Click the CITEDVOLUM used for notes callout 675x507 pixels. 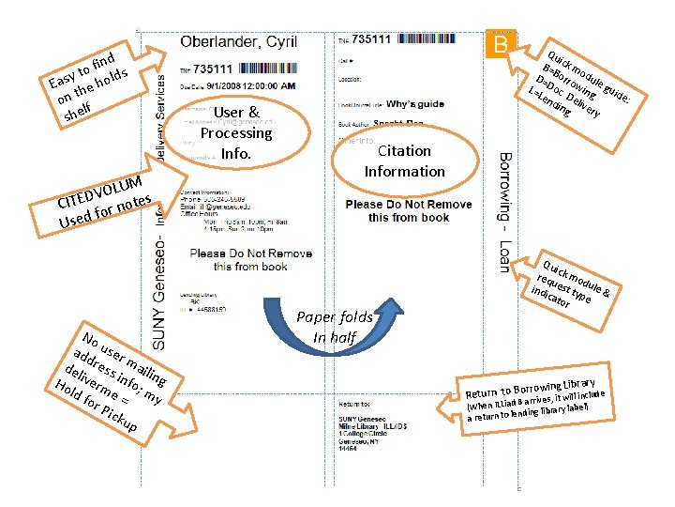click(103, 198)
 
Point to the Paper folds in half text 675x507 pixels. click(336, 328)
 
